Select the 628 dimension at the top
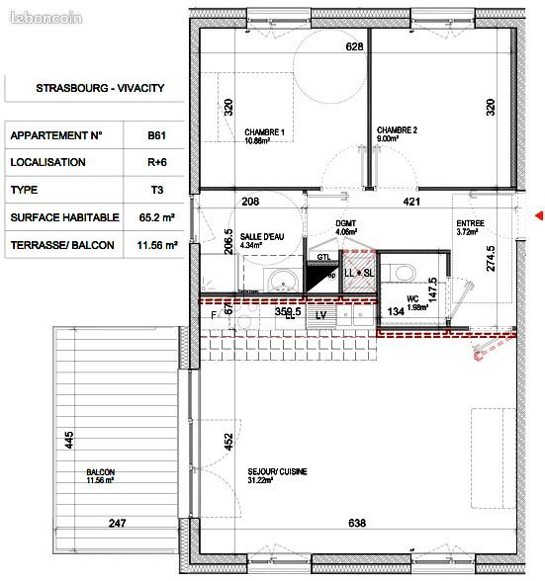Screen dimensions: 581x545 pos(353,46)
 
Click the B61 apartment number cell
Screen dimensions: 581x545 pos(155,135)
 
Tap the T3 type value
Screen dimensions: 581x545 pos(155,190)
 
